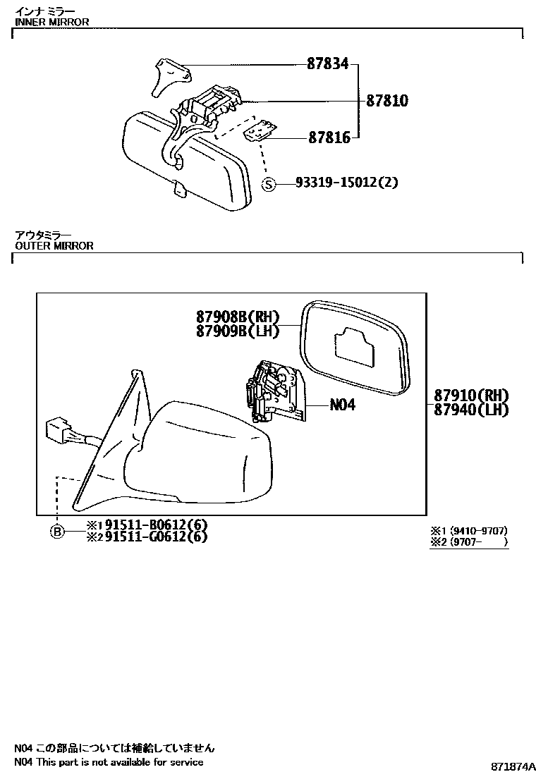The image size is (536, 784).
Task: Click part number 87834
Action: click(x=327, y=64)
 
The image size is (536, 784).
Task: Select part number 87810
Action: click(x=386, y=101)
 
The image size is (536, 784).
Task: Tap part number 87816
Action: click(x=329, y=137)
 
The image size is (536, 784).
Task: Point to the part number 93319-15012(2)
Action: click(x=347, y=183)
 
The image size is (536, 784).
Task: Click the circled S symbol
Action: click(x=268, y=184)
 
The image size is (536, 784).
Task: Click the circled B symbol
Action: click(x=57, y=532)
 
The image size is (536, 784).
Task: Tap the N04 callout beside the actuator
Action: click(x=342, y=405)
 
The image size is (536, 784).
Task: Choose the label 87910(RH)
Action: click(x=472, y=396)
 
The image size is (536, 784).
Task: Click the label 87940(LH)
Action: click(x=472, y=409)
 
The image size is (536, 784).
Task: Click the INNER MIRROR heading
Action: click(x=51, y=22)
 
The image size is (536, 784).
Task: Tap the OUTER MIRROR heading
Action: click(x=54, y=246)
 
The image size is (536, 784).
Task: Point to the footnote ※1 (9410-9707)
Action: click(x=468, y=531)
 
